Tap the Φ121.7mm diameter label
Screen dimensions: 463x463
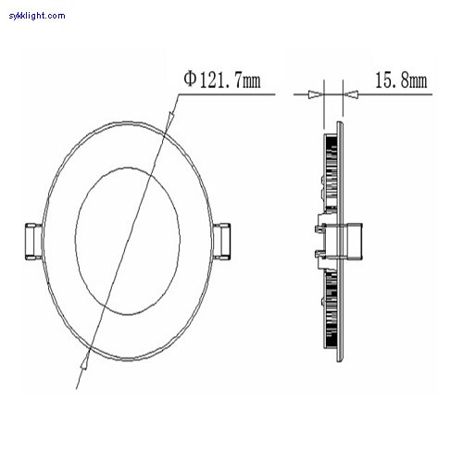(222, 81)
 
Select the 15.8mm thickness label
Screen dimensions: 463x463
(401, 81)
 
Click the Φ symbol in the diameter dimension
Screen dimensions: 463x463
(190, 81)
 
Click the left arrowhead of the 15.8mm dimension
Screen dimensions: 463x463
(317, 93)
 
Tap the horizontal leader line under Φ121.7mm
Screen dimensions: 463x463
(222, 93)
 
